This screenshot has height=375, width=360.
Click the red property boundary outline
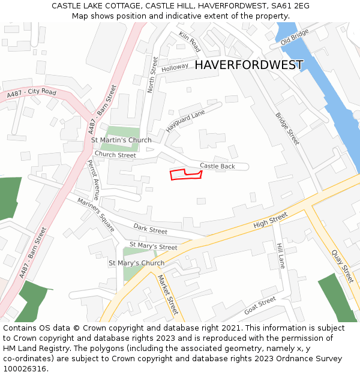click(x=185, y=175)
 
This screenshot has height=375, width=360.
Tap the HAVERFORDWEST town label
click(x=249, y=65)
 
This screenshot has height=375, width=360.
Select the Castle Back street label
click(x=217, y=166)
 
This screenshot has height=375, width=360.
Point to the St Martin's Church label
click(x=121, y=140)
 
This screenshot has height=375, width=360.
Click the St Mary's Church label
click(x=136, y=263)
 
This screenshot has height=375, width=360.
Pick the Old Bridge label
click(x=294, y=37)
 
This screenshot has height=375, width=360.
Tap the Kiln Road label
click(x=189, y=42)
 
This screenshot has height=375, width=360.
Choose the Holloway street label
click(x=175, y=67)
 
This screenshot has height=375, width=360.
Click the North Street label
click(x=152, y=74)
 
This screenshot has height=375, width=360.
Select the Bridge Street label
click(x=287, y=129)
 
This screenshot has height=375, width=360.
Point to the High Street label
click(x=271, y=221)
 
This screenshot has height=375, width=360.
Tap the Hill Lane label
click(x=280, y=255)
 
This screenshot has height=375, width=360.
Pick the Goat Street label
click(x=260, y=305)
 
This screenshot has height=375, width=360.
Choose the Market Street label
click(x=167, y=295)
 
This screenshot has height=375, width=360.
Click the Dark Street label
click(x=150, y=229)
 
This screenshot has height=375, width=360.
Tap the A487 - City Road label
click(x=32, y=94)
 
